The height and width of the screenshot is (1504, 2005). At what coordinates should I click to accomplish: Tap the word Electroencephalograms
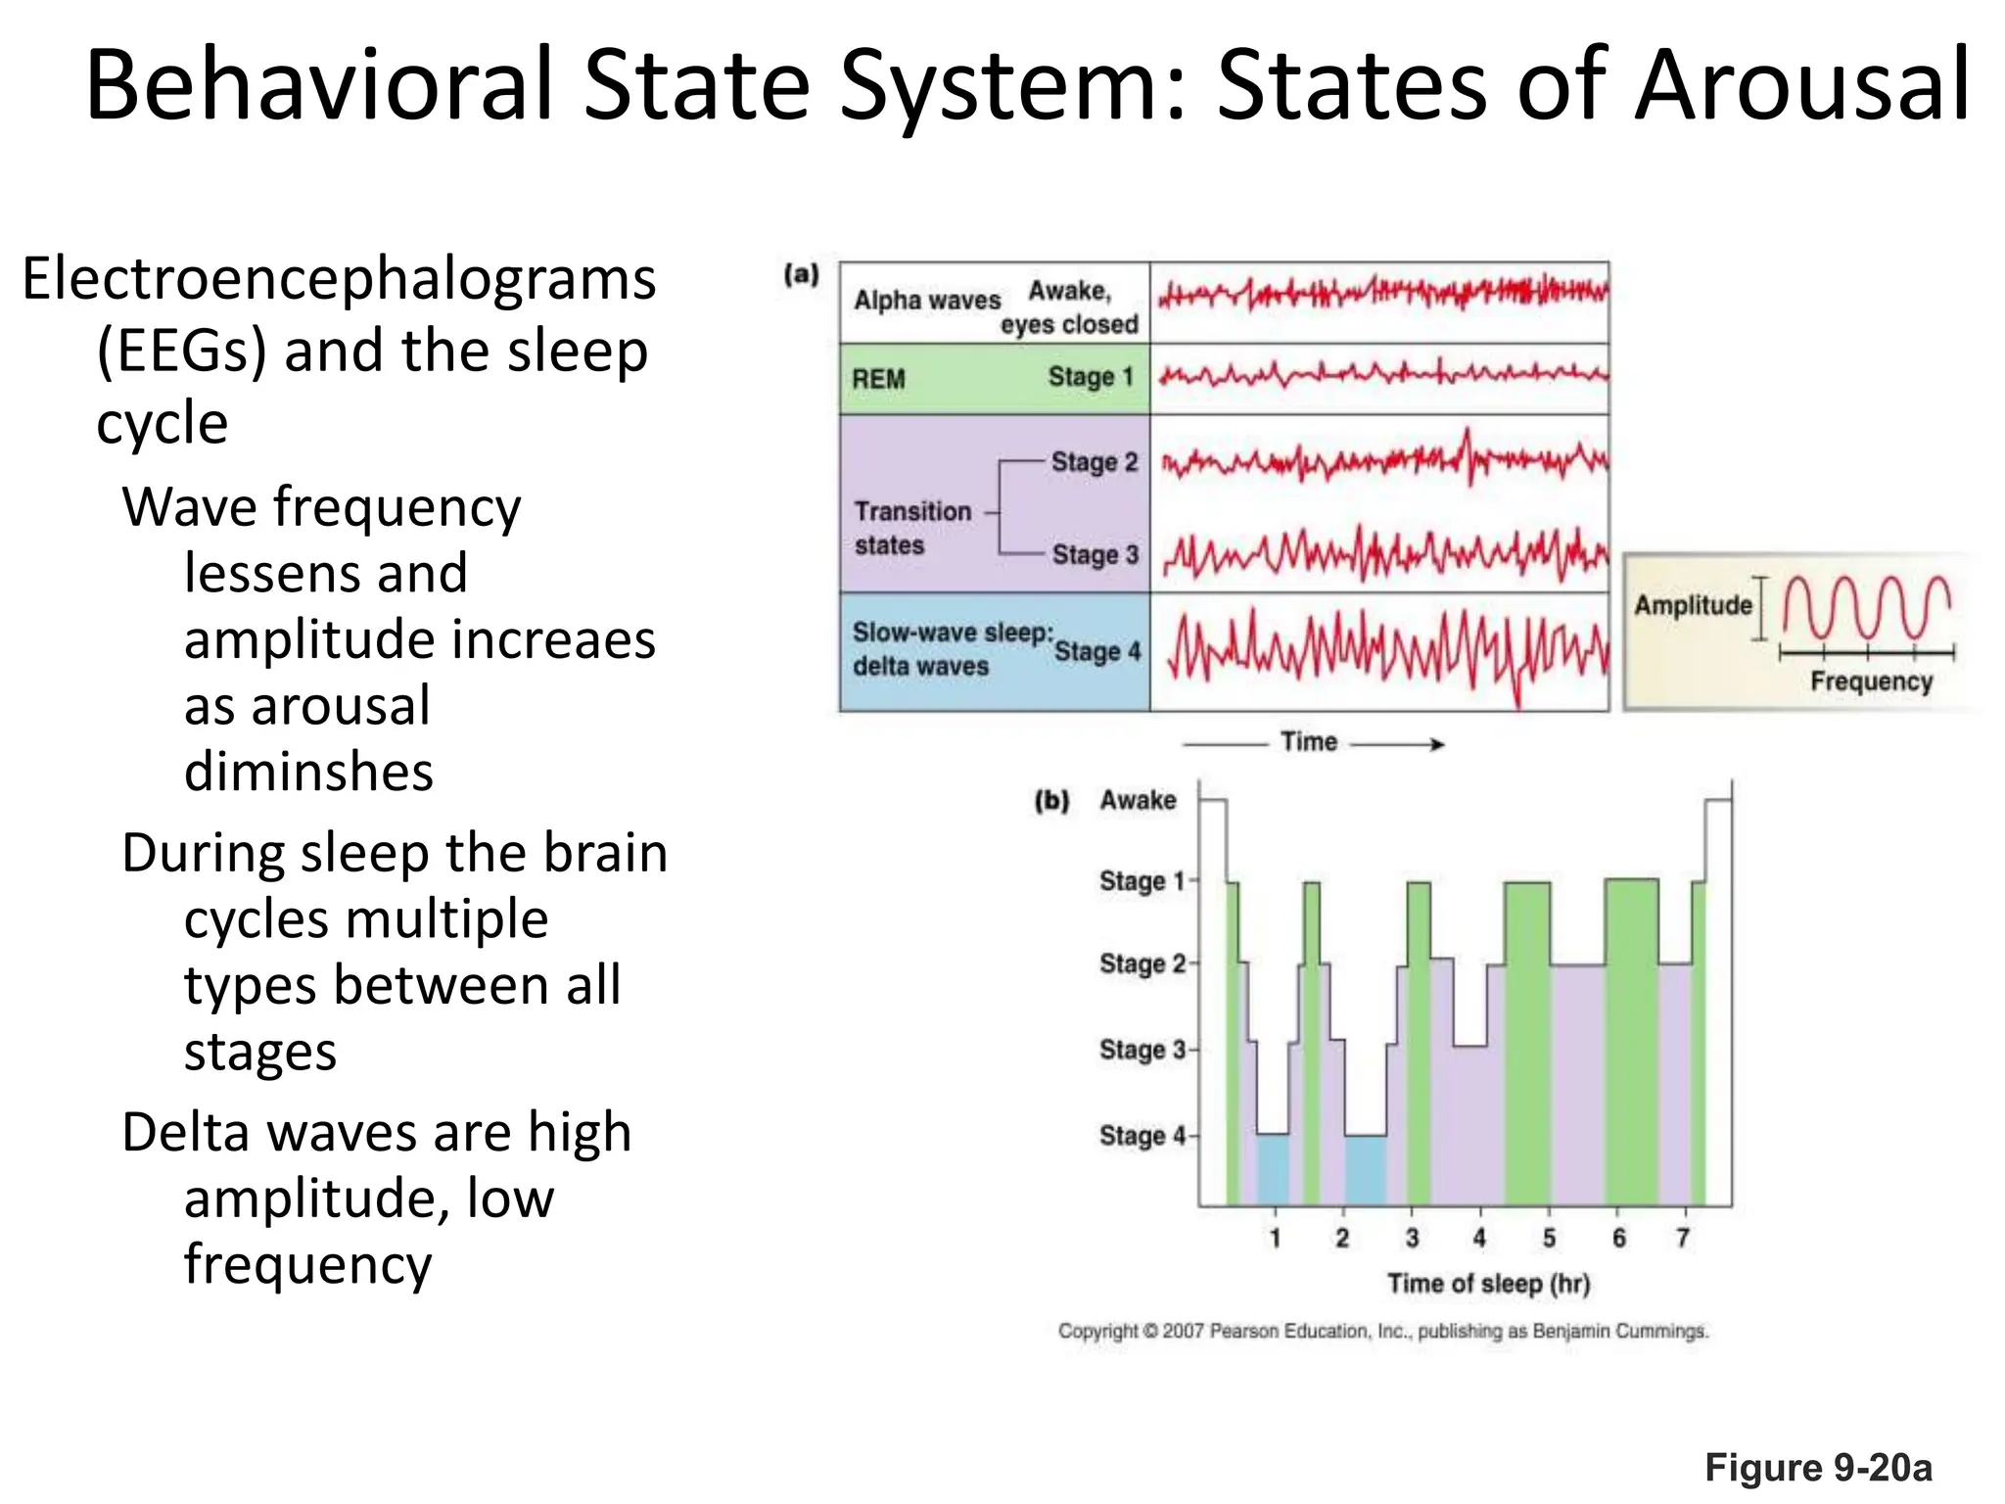(x=339, y=280)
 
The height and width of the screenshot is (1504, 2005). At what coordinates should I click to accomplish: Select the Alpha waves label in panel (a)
(x=926, y=300)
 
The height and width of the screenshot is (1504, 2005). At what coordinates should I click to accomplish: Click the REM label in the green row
(x=878, y=379)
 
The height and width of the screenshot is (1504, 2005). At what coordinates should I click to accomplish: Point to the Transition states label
(x=912, y=528)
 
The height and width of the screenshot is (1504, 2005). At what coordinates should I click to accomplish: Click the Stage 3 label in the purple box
(x=1095, y=555)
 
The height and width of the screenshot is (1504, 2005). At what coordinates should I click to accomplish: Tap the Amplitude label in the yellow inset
(x=1693, y=605)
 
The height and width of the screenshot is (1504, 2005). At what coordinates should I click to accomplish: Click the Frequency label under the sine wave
(x=1871, y=681)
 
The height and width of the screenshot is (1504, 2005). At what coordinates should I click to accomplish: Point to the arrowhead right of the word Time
(x=1436, y=744)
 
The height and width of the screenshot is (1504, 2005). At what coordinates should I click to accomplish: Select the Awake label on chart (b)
(x=1138, y=800)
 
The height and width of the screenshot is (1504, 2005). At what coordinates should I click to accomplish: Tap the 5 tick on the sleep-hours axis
(x=1549, y=1239)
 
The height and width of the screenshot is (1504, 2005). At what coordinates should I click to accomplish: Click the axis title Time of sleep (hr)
(x=1488, y=1284)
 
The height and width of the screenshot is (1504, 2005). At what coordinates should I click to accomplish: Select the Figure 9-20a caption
(x=1818, y=1468)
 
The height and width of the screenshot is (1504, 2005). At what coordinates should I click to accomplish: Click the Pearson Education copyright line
(x=1382, y=1332)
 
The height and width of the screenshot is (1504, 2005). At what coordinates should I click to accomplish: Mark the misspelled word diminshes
(x=308, y=772)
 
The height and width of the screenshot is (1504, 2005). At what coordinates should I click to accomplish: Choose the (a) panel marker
(x=801, y=274)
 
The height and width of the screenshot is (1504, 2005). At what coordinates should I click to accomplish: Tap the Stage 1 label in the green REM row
(x=1090, y=377)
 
